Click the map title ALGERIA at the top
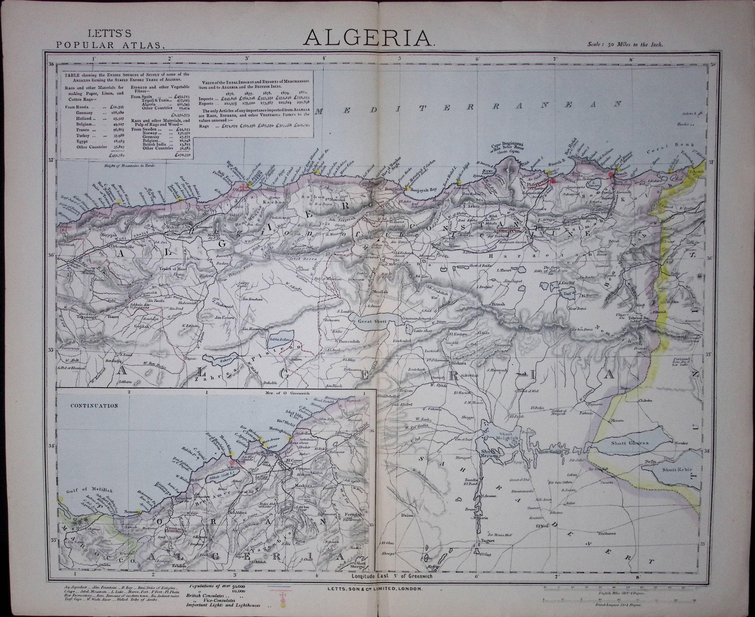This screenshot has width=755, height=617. coord(369,37)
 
